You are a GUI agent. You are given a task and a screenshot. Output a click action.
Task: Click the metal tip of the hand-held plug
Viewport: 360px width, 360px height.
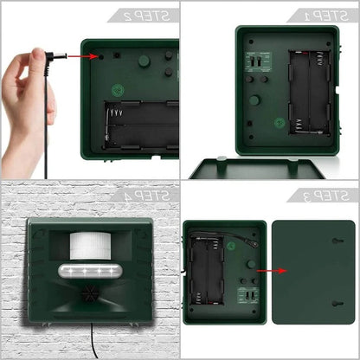click(x=60, y=55)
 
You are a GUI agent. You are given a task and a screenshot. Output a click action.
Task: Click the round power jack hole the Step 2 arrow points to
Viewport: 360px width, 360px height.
click(x=101, y=56)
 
